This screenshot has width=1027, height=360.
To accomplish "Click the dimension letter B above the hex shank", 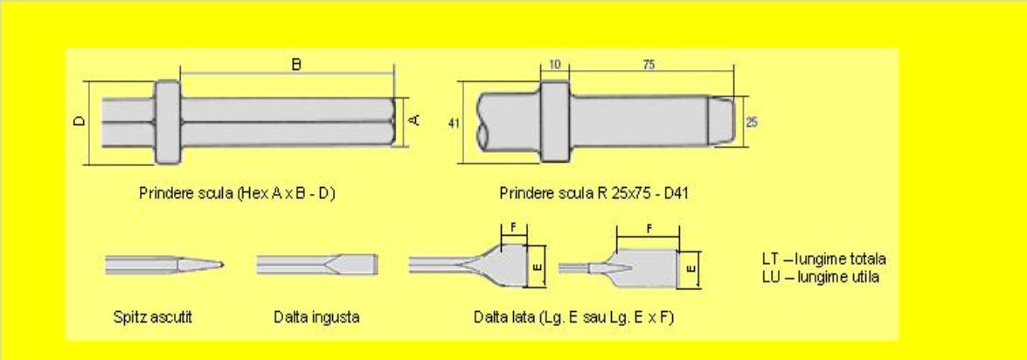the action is coord(296,64).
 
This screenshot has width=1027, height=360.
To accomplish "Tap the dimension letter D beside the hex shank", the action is coord(80,121).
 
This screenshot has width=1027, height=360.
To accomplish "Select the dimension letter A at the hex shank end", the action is coord(414,121).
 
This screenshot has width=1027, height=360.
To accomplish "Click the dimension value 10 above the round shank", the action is coord(554,65).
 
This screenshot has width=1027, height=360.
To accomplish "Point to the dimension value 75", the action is coord(649,65).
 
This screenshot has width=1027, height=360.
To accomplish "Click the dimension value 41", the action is coord(454,122).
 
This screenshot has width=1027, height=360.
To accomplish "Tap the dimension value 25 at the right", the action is coord(752,122).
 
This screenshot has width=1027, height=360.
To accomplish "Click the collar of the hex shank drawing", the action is coord(168,121).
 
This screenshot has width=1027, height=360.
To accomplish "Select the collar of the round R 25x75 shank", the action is coord(555,121).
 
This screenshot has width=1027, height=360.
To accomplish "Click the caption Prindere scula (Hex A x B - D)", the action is coord(237,194).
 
